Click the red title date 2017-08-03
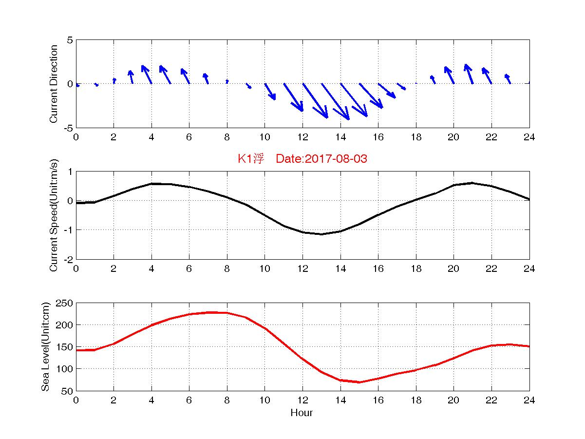(x=337, y=159)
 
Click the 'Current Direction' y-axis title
(x=54, y=84)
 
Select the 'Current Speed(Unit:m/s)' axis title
(x=54, y=215)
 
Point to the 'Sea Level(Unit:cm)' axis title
(x=45, y=347)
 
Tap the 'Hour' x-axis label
(x=302, y=413)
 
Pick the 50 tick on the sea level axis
(x=69, y=391)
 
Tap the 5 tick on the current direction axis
(x=70, y=40)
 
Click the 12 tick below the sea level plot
(x=302, y=401)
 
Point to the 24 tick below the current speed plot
(x=529, y=269)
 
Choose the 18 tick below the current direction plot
(x=416, y=137)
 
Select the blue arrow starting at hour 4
(x=147, y=74)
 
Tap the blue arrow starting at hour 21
(x=469, y=74)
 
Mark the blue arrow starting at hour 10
(x=270, y=92)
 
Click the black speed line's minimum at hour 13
(x=321, y=234)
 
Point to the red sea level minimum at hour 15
(x=359, y=382)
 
